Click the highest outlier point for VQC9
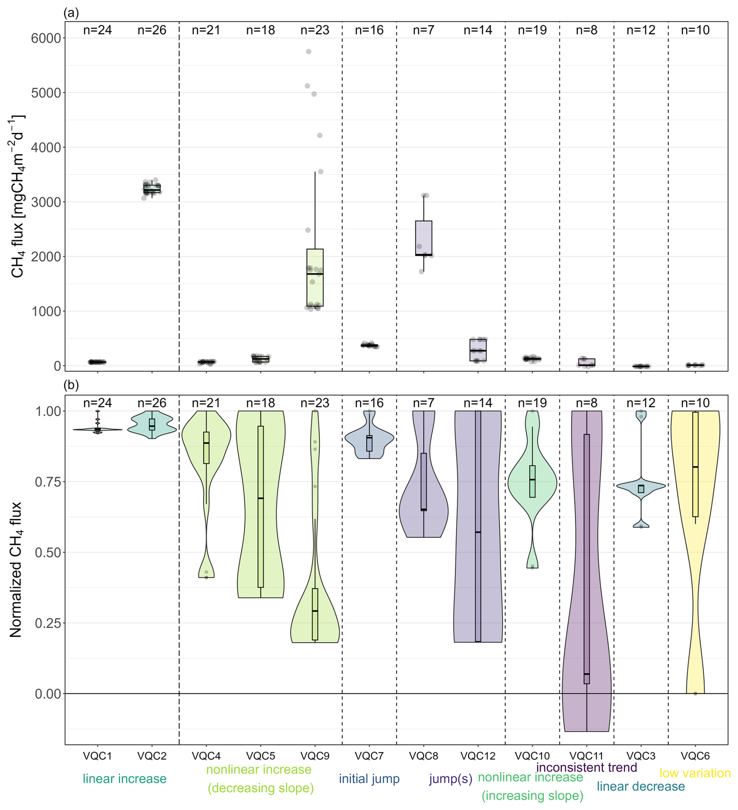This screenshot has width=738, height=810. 309,51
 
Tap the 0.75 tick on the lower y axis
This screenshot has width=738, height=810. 48,482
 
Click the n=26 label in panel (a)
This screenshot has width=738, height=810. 152,30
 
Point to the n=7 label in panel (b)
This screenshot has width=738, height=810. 424,403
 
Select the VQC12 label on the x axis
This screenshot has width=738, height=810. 478,756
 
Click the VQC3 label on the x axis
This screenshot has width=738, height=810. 641,756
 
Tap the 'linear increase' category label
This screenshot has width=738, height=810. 124,779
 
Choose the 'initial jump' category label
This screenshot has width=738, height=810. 369,779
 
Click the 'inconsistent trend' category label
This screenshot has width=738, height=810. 587,768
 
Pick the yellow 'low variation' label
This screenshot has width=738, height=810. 695,773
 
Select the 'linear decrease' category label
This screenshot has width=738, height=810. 641,786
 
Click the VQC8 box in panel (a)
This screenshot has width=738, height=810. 424,237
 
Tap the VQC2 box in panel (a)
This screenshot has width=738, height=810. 152,188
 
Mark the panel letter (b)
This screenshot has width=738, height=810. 71,385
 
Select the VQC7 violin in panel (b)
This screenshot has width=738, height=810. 369,440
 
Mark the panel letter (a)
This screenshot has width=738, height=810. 71,13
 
